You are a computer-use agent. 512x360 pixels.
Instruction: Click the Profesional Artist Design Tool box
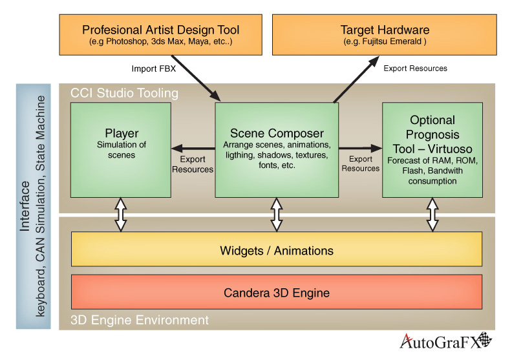[160, 36]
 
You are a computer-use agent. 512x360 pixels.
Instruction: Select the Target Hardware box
[384, 36]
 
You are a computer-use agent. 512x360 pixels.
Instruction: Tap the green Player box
[121, 149]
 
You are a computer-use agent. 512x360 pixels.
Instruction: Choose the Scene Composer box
[277, 149]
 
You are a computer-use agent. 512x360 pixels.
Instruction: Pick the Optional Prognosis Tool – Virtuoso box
[432, 149]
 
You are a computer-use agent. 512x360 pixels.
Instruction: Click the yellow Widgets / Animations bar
[277, 249]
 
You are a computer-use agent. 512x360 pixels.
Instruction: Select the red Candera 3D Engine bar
[277, 292]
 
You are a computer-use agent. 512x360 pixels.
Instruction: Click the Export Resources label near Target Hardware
[415, 68]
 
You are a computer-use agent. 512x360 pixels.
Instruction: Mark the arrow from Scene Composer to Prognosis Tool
[360, 147]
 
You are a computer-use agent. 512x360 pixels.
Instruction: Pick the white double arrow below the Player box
[121, 215]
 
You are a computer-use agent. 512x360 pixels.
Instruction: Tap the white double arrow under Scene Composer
[277, 215]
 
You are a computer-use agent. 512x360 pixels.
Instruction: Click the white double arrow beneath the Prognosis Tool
[432, 215]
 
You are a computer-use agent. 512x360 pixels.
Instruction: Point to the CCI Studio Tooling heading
[124, 94]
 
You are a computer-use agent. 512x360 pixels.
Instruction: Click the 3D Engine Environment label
[139, 319]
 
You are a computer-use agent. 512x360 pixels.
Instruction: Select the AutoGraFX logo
[446, 341]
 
